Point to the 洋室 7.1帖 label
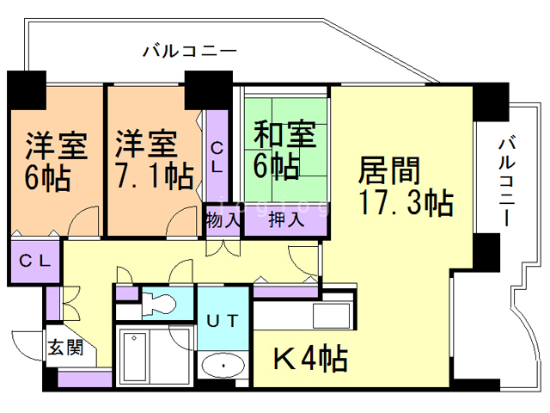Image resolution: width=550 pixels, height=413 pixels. [152, 159]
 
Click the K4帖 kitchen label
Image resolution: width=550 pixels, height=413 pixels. [310, 358]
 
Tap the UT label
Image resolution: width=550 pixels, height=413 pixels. [223, 321]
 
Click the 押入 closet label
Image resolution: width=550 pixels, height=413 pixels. [286, 219]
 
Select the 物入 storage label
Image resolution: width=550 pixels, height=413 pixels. [223, 219]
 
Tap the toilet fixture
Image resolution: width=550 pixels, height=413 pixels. [159, 302]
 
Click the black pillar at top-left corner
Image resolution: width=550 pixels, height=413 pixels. [26, 88]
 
